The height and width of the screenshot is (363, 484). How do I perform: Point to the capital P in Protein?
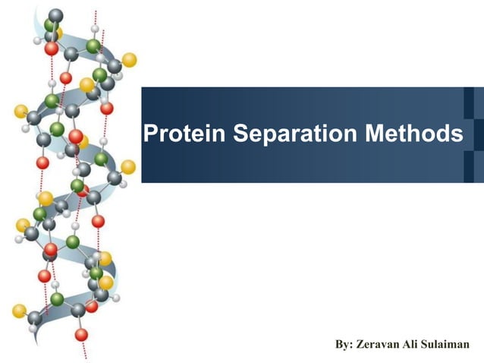click(150, 134)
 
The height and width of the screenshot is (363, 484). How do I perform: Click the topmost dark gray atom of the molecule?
click(55, 16)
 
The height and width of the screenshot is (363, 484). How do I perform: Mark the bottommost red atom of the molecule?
click(81, 334)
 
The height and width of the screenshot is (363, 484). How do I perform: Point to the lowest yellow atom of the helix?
click(20, 311)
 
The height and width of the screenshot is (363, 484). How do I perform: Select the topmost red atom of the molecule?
click(51, 49)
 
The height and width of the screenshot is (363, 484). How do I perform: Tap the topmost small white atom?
click(94, 29)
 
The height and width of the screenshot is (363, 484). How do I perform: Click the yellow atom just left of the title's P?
click(128, 166)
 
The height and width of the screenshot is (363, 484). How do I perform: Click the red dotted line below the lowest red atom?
click(83, 349)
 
